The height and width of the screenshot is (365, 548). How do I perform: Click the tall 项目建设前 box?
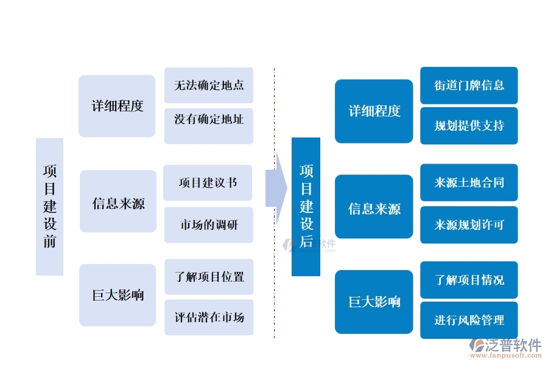(49, 206)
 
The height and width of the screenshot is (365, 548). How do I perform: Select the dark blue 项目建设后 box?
(306, 206)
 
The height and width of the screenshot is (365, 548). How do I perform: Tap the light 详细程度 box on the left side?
(117, 106)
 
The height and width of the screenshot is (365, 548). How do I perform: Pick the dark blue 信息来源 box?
(374, 209)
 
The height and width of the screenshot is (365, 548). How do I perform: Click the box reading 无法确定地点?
(209, 85)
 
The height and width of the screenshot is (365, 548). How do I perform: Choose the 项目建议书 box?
(208, 182)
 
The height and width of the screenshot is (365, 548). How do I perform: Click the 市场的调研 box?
(209, 225)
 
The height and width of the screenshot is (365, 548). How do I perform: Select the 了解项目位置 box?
(209, 277)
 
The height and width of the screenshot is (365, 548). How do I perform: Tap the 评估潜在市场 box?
(209, 317)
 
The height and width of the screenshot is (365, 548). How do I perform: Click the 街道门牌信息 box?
(469, 85)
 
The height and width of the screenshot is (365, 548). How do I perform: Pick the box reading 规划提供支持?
(469, 126)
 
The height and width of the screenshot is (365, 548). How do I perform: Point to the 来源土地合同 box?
(469, 182)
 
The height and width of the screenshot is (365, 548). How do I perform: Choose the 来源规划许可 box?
(469, 225)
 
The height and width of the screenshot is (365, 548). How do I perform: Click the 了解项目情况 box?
(469, 280)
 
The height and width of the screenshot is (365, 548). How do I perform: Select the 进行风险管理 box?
(469, 320)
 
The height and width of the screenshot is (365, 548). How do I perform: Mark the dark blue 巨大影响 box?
(374, 302)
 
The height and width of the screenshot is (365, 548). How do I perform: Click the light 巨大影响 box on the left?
(118, 295)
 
